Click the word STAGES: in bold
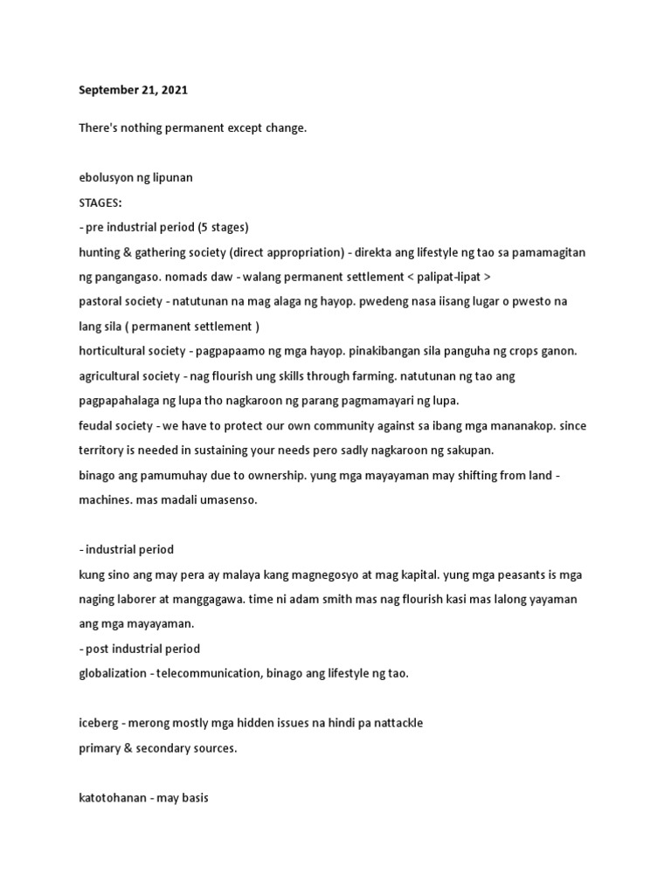click(x=100, y=202)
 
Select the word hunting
click(x=99, y=251)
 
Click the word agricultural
click(x=109, y=375)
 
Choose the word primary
click(x=100, y=748)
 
